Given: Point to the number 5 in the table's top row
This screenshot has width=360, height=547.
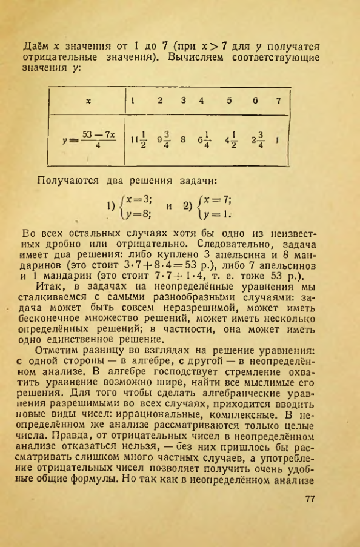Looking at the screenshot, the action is pos(230,101).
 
